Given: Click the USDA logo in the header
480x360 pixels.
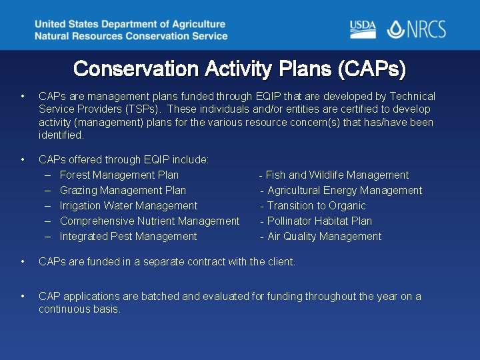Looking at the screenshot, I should (x=363, y=29).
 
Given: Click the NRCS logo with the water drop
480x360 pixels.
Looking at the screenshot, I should (x=417, y=29).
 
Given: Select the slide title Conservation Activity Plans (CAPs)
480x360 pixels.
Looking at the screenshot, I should (x=239, y=69).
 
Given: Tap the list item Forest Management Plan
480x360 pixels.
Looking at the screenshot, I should (x=119, y=175).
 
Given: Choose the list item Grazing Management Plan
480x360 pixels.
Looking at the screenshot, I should (x=123, y=191).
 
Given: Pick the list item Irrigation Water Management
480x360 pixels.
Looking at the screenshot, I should (x=128, y=206).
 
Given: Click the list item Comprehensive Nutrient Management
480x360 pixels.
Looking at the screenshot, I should (x=149, y=221).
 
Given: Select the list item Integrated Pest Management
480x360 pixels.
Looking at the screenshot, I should (x=128, y=237).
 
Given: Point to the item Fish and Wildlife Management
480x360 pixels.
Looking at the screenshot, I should (x=337, y=175).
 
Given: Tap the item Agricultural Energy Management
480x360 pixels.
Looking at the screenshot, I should (x=344, y=191).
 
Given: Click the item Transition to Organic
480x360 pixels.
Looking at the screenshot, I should (x=316, y=206).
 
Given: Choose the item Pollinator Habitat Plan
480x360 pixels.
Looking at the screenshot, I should (x=319, y=221).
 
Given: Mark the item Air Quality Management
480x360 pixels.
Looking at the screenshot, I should (x=324, y=237).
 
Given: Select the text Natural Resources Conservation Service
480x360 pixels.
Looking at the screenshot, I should (x=131, y=36).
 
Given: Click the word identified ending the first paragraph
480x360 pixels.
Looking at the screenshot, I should (x=61, y=135).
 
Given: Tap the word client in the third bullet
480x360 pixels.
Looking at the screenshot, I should (x=280, y=262).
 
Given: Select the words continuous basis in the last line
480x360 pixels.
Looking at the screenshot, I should (x=79, y=309).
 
